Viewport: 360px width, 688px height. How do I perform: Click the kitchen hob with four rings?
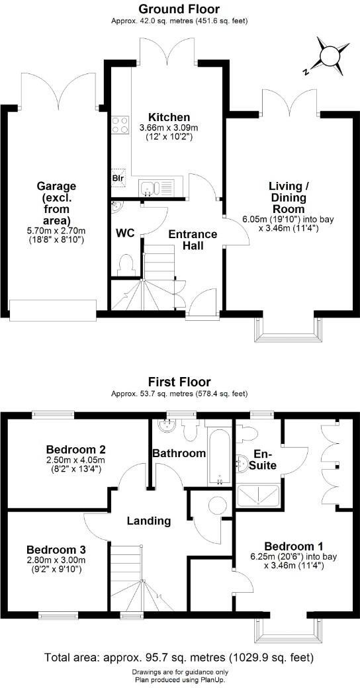tap(120, 125)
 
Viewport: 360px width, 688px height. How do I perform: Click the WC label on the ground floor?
tap(126, 233)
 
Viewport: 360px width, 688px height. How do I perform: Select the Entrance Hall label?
tap(192, 239)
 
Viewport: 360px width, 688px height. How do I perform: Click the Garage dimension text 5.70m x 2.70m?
tap(56, 232)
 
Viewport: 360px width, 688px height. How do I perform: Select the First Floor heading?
tap(180, 382)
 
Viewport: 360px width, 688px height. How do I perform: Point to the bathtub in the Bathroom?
tap(218, 456)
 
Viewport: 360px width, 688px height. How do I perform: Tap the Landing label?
tap(149, 521)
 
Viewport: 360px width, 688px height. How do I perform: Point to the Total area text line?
tap(179, 658)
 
